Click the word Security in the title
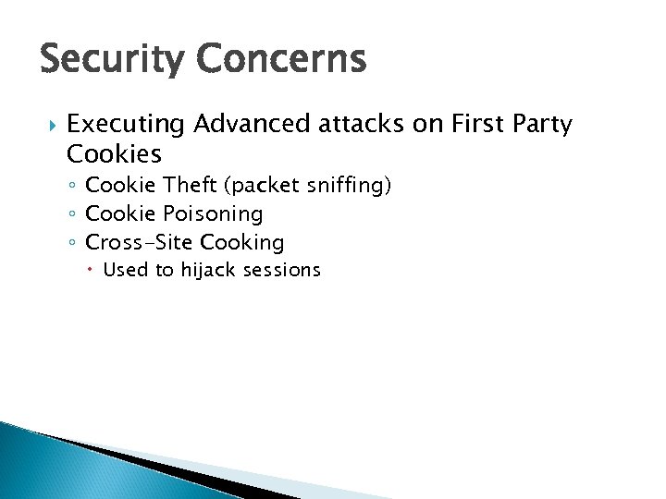click(112, 61)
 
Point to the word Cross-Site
click(139, 242)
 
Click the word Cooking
click(241, 243)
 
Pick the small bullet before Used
click(93, 271)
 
